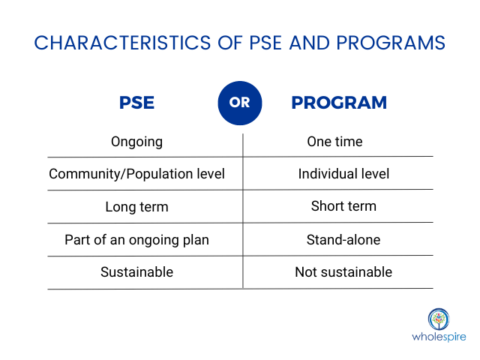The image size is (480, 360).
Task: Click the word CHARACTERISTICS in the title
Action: tap(112, 43)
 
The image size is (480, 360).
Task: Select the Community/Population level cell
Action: tap(137, 174)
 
